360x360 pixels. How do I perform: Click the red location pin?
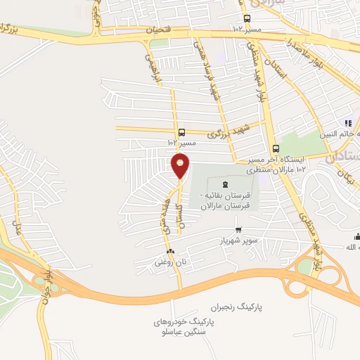(x=180, y=166)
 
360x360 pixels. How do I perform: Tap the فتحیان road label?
(x=159, y=30)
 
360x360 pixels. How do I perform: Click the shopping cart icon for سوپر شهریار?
(x=238, y=229)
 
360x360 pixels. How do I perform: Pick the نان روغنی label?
(x=169, y=262)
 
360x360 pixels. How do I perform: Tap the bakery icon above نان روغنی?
(x=169, y=251)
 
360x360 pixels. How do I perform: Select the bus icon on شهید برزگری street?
(x=182, y=131)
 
